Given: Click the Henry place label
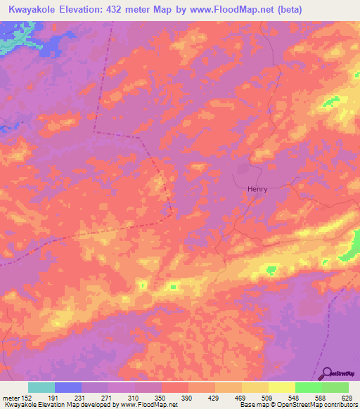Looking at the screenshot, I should coord(257,188).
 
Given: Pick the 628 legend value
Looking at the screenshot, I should coord(346,398).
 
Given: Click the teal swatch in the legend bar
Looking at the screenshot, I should coord(41,387).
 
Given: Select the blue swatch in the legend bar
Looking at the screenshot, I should coord(68,387).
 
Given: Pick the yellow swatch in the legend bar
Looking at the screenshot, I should coord(282,387).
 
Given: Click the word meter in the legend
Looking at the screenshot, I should coord(10,398).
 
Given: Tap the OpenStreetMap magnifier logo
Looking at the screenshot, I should coord(326,372).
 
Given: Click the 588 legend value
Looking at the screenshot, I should coord(320,398).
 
